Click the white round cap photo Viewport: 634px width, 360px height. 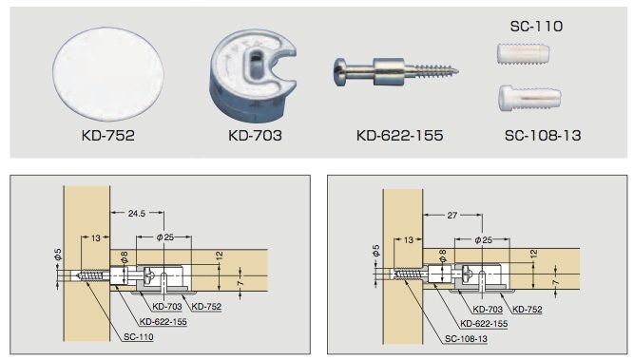[x=108, y=74]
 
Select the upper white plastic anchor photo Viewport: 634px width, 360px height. [x=523, y=54]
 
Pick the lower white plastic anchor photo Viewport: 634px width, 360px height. [x=529, y=98]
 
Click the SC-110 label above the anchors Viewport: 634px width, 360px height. [x=536, y=27]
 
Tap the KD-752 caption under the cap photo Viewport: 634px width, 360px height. [x=108, y=135]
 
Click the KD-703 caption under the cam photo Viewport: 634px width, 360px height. [x=255, y=135]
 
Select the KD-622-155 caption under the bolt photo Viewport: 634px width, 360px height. [x=399, y=135]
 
